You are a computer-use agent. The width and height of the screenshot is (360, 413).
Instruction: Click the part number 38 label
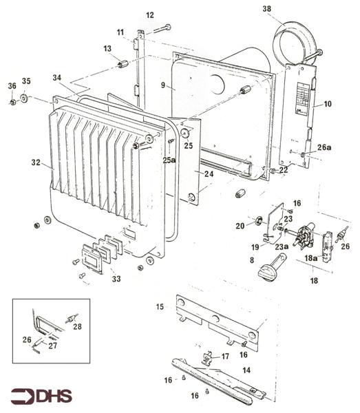267,9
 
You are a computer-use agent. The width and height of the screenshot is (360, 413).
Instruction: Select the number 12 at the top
150,14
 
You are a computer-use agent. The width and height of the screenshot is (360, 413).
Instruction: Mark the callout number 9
163,86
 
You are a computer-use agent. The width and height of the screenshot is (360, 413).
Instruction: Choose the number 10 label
327,104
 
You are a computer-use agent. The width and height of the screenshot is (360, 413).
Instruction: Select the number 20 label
240,226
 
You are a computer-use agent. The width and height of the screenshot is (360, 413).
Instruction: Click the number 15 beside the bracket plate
160,306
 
